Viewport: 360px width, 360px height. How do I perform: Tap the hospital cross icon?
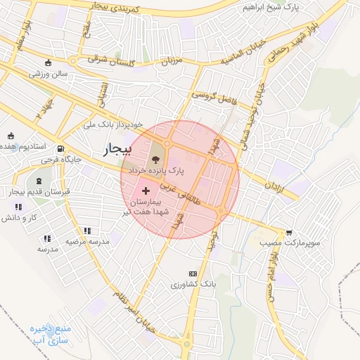(x=146, y=191)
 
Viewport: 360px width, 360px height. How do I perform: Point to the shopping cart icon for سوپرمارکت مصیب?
(x=289, y=233)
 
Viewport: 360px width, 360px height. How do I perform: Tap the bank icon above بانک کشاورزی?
(x=192, y=274)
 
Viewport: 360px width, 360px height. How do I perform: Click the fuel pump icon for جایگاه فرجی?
(x=61, y=149)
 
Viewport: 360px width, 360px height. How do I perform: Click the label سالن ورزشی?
(x=48, y=72)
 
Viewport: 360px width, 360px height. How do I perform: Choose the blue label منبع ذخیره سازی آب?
(x=49, y=334)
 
